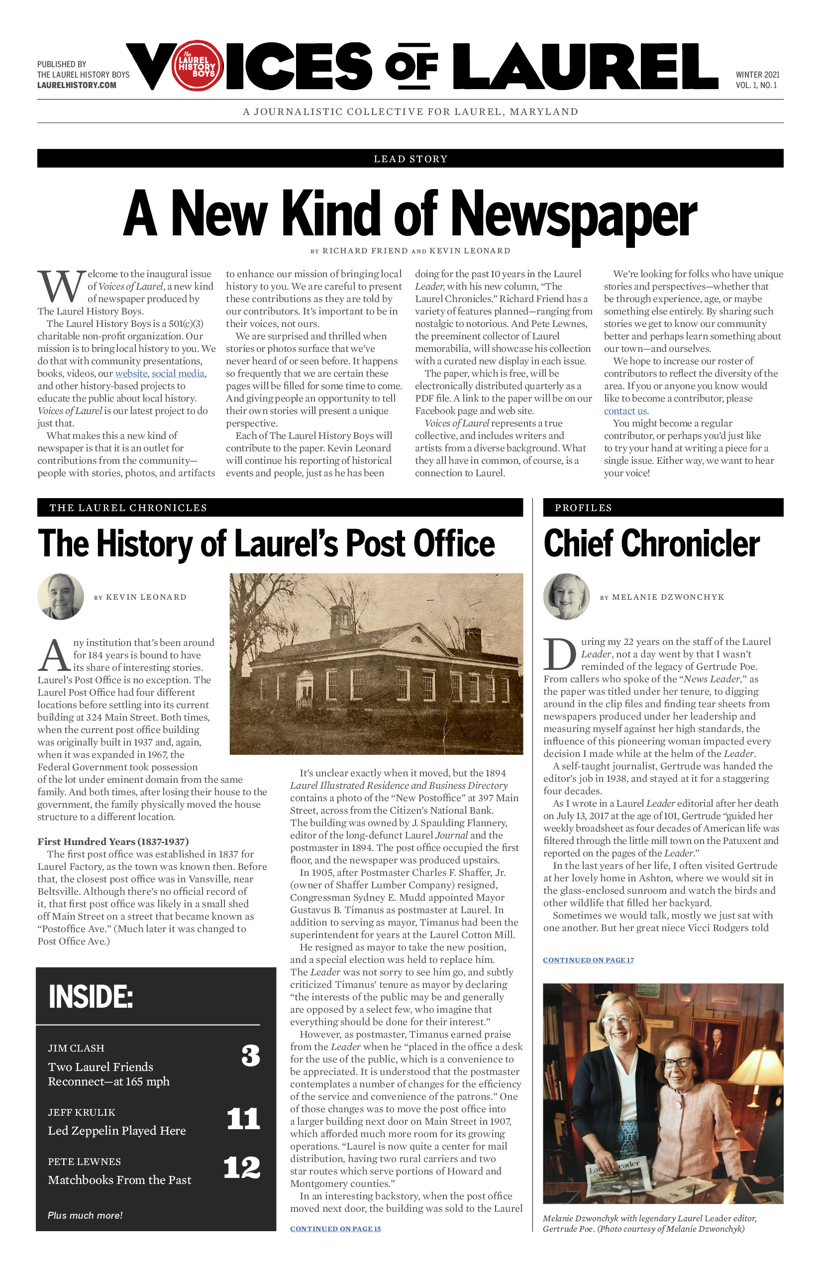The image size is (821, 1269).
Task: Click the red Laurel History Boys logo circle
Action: pyautogui.click(x=197, y=66)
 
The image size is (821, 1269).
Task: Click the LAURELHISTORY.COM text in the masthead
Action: pyautogui.click(x=77, y=85)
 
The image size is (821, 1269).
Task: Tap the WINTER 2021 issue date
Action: pyautogui.click(x=757, y=75)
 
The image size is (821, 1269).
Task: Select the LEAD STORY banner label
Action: pyautogui.click(x=410, y=159)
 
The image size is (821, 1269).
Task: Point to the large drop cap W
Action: pyautogui.click(x=61, y=286)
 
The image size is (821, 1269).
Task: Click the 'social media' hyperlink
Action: pyautogui.click(x=178, y=374)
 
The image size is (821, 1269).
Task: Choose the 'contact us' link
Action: pyautogui.click(x=625, y=411)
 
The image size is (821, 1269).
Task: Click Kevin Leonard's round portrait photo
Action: pyautogui.click(x=61, y=597)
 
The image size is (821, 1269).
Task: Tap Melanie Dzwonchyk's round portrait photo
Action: pyautogui.click(x=566, y=597)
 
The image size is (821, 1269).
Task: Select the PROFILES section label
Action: pyautogui.click(x=583, y=508)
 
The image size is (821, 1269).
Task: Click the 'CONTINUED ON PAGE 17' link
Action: pyautogui.click(x=588, y=960)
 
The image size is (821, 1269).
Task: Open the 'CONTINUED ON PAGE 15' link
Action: pyautogui.click(x=335, y=1229)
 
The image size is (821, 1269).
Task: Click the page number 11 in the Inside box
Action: pyautogui.click(x=243, y=1119)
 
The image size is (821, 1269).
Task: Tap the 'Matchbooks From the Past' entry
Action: pyautogui.click(x=119, y=1180)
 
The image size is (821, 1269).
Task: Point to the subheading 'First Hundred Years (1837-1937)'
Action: pyautogui.click(x=113, y=842)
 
